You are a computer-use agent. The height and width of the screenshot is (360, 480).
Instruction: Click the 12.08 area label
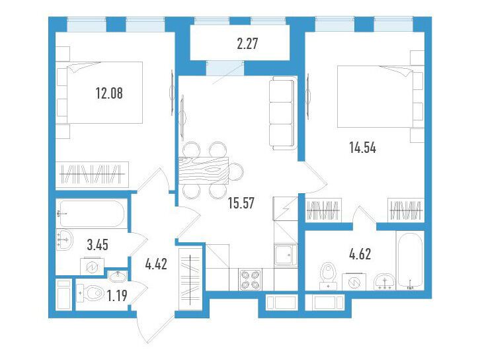[109, 93]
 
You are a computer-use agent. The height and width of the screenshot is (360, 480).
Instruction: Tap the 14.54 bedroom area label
[362, 148]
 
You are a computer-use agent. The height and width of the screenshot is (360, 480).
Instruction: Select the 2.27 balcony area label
[247, 44]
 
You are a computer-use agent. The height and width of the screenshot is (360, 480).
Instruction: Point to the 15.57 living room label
[241, 202]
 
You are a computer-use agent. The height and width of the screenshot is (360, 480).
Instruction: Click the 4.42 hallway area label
[156, 264]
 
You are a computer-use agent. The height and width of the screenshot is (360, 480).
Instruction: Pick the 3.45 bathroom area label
[97, 245]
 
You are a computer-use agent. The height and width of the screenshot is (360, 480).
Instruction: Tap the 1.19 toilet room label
[116, 296]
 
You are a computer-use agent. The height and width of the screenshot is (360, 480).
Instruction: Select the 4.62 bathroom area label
[360, 254]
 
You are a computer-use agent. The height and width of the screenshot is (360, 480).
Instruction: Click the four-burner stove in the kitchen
[249, 280]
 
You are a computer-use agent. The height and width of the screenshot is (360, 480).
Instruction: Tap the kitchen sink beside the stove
[286, 255]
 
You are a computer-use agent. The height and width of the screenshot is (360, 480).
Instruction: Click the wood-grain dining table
[204, 170]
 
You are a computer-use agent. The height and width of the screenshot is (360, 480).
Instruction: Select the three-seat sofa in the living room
[283, 113]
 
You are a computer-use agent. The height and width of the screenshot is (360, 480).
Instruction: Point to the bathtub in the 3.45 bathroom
[91, 214]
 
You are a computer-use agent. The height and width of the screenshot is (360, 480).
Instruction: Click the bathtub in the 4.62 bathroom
[410, 261]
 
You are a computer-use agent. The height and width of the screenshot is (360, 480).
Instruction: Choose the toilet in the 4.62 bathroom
[328, 275]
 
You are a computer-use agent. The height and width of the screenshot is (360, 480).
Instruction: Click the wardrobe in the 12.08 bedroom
[92, 174]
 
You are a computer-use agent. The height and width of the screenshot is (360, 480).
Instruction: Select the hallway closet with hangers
[190, 279]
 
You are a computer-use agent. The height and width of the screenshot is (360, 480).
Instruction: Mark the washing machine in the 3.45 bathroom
[92, 267]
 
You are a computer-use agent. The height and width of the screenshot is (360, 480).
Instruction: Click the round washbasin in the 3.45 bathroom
[65, 240]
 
